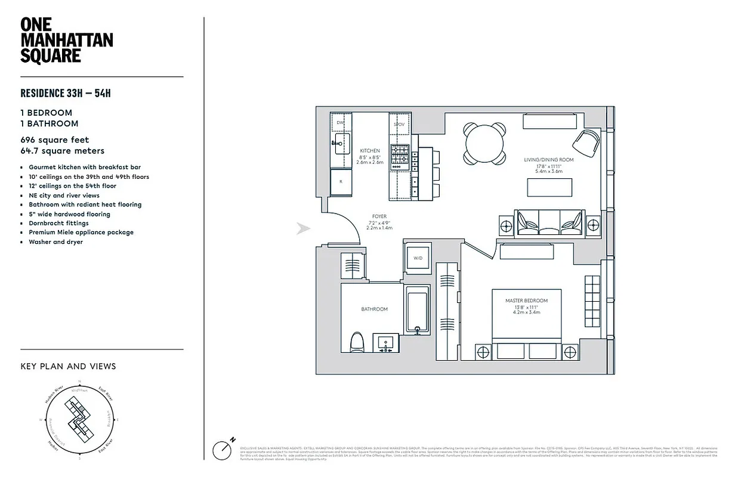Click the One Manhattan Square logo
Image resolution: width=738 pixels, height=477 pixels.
coord(66,41)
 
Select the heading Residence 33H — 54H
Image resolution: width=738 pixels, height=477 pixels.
coord(66,93)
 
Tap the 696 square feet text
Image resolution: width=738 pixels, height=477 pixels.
coord(54,140)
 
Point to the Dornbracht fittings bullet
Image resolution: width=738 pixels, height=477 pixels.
coord(58,223)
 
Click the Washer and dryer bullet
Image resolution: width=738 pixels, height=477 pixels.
coord(55,242)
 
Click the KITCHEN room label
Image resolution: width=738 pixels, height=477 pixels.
coord(369,151)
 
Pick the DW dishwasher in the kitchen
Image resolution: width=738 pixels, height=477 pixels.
coord(341,123)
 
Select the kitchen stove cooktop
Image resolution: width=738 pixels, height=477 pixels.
coord(400,157)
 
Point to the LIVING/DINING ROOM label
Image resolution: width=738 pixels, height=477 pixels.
coord(548,160)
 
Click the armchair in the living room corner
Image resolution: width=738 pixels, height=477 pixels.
coord(586,142)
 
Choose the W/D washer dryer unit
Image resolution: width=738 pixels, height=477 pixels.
coord(418,258)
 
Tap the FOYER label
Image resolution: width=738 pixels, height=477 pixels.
coord(379,217)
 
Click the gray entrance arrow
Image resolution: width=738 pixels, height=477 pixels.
coord(304,228)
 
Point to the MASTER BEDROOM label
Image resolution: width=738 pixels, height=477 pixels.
coord(526,301)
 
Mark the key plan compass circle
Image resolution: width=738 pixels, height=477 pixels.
coord(80,421)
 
